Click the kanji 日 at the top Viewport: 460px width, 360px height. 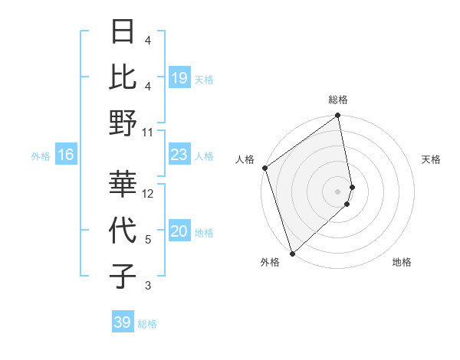click(123, 32)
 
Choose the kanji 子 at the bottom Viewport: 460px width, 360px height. click(123, 277)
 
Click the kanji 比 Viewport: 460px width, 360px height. click(123, 78)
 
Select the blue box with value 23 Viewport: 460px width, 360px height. click(179, 155)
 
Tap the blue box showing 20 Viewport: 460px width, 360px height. click(179, 232)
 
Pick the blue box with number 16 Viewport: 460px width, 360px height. click(66, 155)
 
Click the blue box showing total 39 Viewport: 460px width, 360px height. click(123, 322)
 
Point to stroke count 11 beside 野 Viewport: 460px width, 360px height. click(148, 132)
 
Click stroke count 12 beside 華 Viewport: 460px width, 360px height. click(148, 193)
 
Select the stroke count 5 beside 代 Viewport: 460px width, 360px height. click(148, 240)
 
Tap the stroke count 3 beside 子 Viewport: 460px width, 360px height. click(148, 286)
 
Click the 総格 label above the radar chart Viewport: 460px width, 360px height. click(338, 100)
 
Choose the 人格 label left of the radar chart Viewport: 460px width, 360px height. click(245, 159)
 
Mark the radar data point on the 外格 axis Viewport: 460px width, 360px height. click(291, 253)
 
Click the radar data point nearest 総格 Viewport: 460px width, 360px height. click(338, 116)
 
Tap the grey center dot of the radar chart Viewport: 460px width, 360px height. click(338, 191)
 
